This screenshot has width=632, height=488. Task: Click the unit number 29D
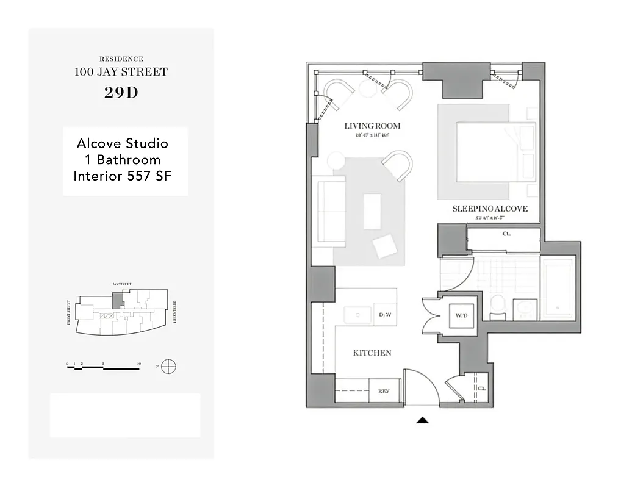121,93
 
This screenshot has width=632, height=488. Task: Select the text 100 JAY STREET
121,72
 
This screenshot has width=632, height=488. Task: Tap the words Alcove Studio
122,144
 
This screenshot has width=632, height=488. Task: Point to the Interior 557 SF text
122,176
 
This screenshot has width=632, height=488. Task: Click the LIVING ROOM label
372,126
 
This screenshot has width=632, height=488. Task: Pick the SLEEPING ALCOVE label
490,209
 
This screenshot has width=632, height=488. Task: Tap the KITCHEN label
372,353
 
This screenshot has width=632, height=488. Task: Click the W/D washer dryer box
461,315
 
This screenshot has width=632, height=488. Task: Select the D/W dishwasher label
385,315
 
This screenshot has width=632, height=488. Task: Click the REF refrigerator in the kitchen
384,391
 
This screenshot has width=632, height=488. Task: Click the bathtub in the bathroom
558,289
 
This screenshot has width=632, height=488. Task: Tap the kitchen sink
357,315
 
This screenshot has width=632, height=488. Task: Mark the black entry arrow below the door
422,420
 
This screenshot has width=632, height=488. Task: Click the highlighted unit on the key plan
117,300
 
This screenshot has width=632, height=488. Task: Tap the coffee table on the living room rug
372,211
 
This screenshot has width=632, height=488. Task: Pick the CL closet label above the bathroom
506,234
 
